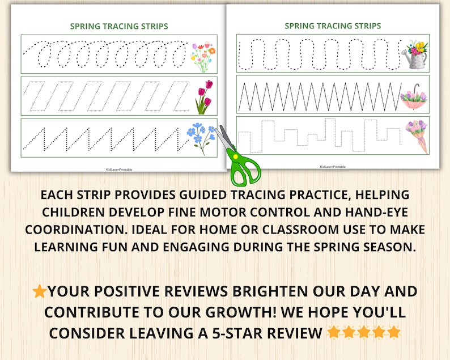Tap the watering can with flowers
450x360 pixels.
tap(414, 54)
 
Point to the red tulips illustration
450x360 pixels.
tap(203, 97)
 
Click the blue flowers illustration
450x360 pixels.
tap(201, 138)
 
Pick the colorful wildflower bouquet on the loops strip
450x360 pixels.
tap(203, 56)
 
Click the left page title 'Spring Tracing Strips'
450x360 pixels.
tap(118, 26)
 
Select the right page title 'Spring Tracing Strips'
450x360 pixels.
tap(333, 26)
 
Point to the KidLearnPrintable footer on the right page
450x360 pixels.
tap(333, 167)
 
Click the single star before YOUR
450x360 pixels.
tap(40, 292)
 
